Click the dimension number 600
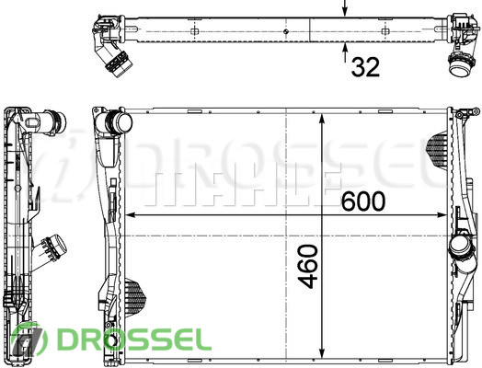tap(363, 201)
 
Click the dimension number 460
tap(308, 266)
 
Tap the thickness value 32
tap(365, 67)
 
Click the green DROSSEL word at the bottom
tap(134, 339)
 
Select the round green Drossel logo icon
tap(29, 340)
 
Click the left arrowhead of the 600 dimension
tap(131, 215)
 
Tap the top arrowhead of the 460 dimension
tap(322, 119)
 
